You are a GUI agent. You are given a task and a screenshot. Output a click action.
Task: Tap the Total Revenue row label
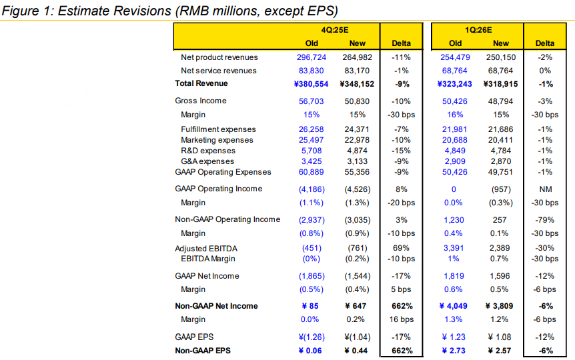coord(201,84)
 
